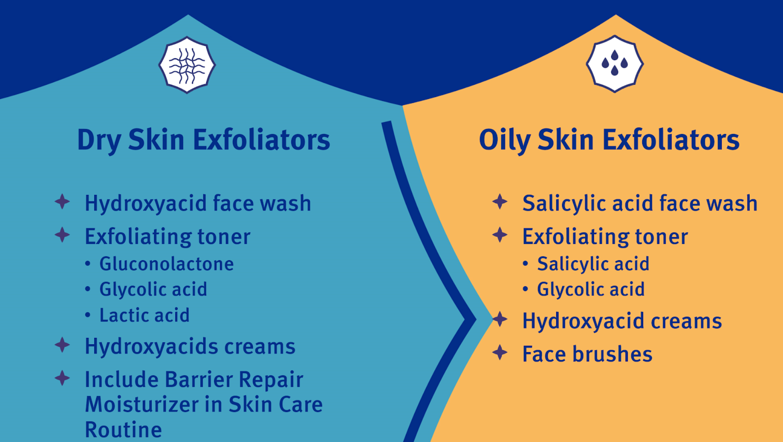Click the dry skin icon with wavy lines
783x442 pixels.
[187, 65]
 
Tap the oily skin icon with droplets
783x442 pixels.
[615, 64]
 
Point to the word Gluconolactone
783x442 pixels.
[166, 264]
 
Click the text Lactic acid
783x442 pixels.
[144, 315]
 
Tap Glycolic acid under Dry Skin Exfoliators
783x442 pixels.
[153, 289]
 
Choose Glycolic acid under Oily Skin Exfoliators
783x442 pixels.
[591, 289]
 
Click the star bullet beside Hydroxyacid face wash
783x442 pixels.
[62, 201]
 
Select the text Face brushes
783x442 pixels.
[587, 354]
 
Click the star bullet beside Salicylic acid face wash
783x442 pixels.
[500, 201]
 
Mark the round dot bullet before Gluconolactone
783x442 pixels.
[88, 264]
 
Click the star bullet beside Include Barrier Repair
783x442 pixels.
[62, 378]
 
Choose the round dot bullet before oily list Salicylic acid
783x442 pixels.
[526, 264]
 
